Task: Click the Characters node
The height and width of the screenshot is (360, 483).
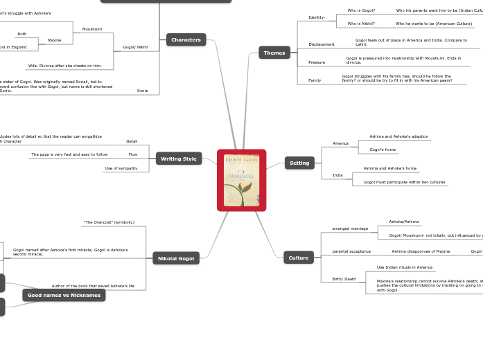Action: click(186, 40)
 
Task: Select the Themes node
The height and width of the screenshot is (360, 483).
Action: click(274, 53)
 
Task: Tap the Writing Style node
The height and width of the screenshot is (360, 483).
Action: click(179, 159)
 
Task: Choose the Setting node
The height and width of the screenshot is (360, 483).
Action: click(299, 163)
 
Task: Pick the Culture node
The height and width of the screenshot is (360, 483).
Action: click(299, 258)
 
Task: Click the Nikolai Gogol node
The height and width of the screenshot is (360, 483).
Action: click(176, 258)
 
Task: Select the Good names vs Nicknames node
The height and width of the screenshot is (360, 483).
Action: click(64, 295)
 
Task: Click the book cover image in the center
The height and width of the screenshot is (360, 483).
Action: click(241, 180)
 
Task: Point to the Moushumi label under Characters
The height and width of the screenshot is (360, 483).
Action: click(92, 29)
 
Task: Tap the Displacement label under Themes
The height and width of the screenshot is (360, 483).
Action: click(322, 44)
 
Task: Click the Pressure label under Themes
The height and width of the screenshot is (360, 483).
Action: click(317, 62)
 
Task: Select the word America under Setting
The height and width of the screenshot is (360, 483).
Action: click(341, 143)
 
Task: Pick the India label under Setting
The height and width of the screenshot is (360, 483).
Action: click(337, 175)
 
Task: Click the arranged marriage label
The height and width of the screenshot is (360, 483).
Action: click(350, 228)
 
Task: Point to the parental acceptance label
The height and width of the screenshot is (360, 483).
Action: click(351, 251)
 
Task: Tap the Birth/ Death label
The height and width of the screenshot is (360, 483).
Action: click(344, 279)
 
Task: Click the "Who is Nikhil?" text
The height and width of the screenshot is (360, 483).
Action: click(361, 24)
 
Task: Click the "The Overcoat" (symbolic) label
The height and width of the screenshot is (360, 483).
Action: click(109, 222)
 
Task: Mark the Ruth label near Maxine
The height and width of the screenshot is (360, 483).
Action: click(22, 34)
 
